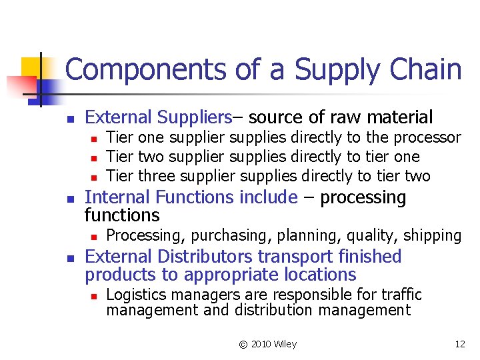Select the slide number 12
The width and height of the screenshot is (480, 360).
click(459, 344)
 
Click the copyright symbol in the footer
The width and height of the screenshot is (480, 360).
click(243, 344)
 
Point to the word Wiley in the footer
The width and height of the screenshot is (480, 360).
click(284, 344)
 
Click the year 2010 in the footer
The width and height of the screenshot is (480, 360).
click(261, 344)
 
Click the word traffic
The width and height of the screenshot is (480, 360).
click(400, 294)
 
